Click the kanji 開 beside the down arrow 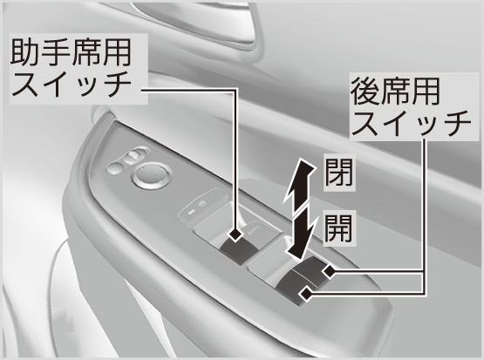pos(339,228)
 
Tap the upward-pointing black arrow pos(298,184)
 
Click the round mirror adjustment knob pos(153,175)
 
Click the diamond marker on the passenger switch pos(236,235)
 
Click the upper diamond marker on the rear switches pos(329,271)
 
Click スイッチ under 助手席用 pos(72,84)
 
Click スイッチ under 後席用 pos(412,123)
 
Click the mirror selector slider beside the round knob pos(127,160)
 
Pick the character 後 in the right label pos(365,91)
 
